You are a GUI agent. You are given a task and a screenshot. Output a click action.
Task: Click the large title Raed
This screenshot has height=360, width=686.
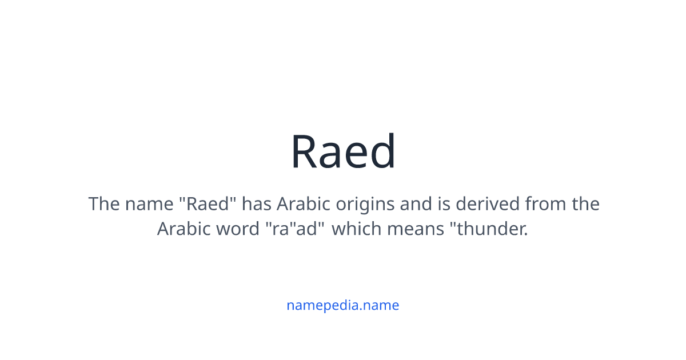click(x=343, y=152)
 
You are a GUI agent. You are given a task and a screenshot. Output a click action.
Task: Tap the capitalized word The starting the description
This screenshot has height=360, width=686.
click(x=104, y=204)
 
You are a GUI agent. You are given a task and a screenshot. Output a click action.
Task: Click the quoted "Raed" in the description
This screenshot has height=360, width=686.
click(x=208, y=204)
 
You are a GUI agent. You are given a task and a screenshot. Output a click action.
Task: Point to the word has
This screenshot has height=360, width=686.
click(x=257, y=204)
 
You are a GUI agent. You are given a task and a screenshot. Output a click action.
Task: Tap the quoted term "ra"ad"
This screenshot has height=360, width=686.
click(x=295, y=229)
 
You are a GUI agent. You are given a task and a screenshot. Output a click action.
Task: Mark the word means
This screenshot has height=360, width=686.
click(x=416, y=229)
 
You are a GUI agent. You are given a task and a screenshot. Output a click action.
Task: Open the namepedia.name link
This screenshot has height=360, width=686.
click(x=343, y=305)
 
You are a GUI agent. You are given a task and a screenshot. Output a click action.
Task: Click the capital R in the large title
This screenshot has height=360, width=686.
click(x=305, y=152)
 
